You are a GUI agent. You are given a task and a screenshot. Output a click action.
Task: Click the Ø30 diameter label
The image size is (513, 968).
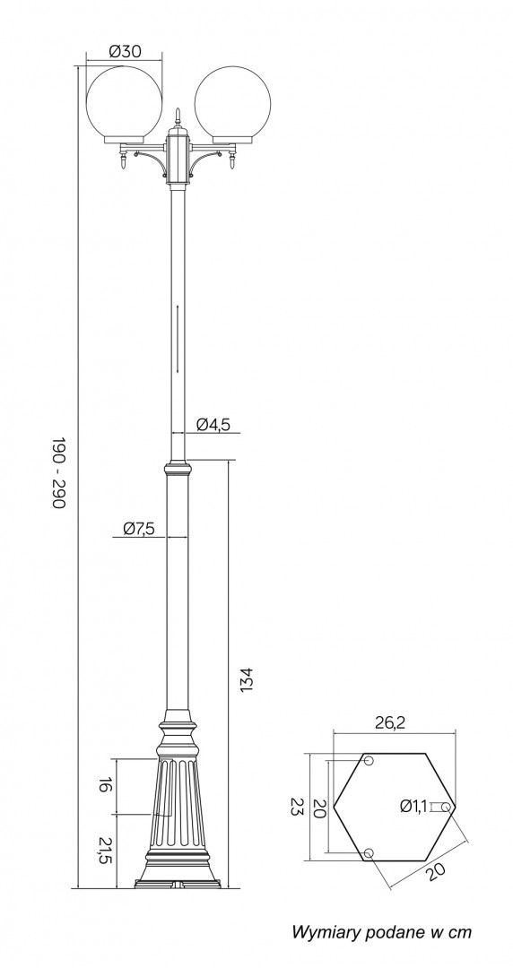[x=125, y=51]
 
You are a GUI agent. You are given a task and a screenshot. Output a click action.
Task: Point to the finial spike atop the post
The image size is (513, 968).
[x=178, y=115]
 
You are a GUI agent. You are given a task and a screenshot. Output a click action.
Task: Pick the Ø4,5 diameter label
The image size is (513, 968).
[x=213, y=424]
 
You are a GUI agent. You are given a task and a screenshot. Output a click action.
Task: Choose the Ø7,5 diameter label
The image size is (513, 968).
[x=138, y=529]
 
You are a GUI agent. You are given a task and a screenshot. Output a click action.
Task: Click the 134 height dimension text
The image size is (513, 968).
[x=246, y=679]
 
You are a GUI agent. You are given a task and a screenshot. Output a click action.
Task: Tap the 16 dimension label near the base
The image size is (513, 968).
[x=104, y=786]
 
